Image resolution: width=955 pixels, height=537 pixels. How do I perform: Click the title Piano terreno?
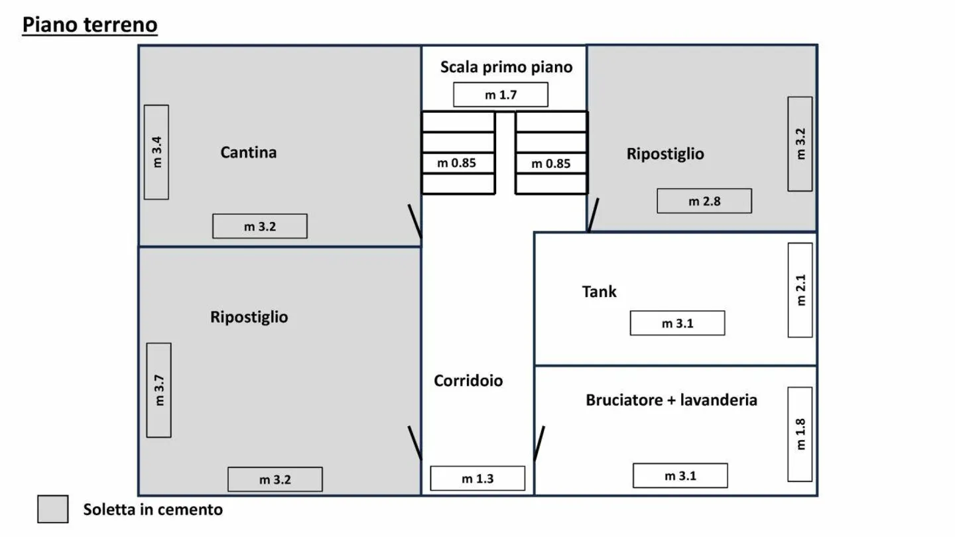coord(90,25)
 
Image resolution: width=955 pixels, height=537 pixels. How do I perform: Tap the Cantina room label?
coord(249,152)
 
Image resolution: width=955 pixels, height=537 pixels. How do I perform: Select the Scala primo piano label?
coord(506,67)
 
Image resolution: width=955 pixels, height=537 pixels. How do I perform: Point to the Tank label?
coord(600,291)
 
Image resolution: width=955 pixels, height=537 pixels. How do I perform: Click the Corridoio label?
coord(468,381)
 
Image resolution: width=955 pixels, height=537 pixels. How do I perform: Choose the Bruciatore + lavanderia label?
coord(671,400)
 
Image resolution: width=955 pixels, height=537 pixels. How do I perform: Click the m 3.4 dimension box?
coord(157,152)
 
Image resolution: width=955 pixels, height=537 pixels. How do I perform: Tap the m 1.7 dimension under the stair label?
coord(501,95)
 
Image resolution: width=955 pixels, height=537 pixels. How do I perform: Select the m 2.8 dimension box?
coord(704,201)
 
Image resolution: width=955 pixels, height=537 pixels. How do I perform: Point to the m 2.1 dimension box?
coord(800,290)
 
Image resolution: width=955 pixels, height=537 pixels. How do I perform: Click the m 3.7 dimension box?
coord(159,390)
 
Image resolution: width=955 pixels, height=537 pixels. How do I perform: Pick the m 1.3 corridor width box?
coord(477,478)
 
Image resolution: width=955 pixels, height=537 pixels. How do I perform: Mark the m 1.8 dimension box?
coord(800,434)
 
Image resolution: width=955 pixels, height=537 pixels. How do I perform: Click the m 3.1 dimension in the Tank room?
coord(677,323)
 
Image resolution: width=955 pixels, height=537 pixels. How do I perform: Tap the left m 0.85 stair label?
coord(457,162)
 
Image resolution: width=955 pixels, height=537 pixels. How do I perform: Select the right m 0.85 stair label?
coord(551,163)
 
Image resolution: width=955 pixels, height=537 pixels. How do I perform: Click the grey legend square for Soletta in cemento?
coord(53,509)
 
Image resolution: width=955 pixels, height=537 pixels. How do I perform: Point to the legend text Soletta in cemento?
coord(153,509)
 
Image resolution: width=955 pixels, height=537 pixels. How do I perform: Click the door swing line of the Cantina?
coord(414,221)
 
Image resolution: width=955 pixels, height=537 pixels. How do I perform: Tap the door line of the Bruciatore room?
coord(539,443)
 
